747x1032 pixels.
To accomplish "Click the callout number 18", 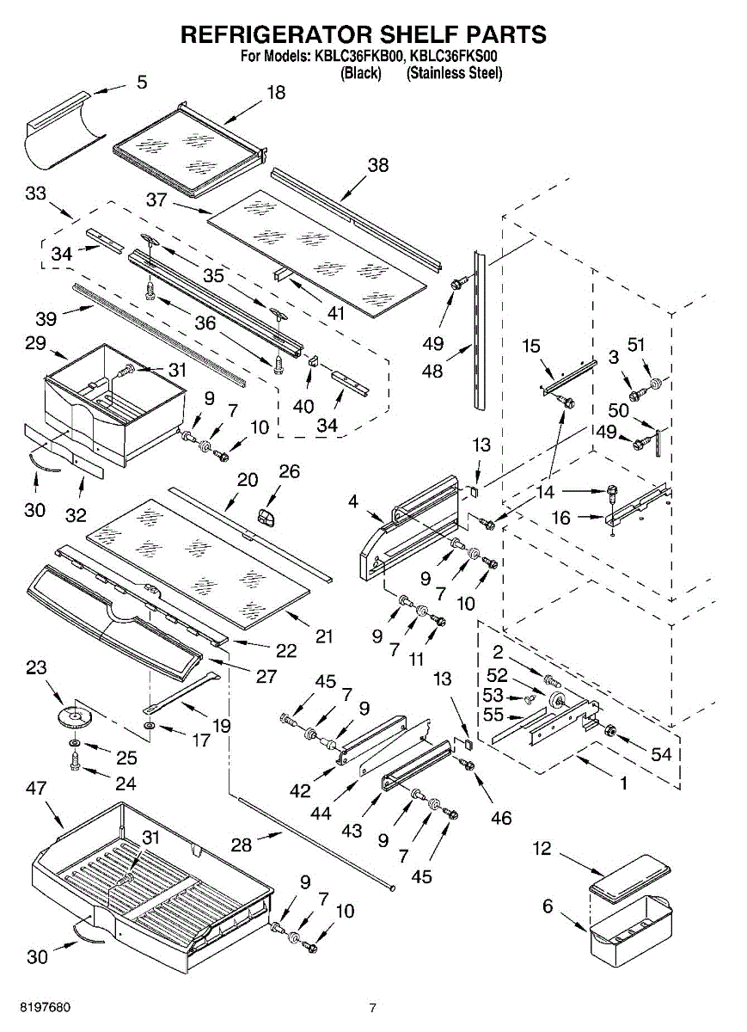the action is tap(276, 93).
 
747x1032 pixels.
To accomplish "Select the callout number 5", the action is tap(142, 83).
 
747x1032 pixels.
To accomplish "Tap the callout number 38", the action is tap(378, 165).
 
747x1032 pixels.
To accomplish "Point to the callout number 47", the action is tap(36, 788).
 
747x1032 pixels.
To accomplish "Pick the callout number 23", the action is tap(36, 666).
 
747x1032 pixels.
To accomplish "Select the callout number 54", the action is tap(661, 754).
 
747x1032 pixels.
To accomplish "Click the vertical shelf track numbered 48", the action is tap(479, 329).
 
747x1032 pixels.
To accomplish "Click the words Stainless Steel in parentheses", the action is tap(454, 73).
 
